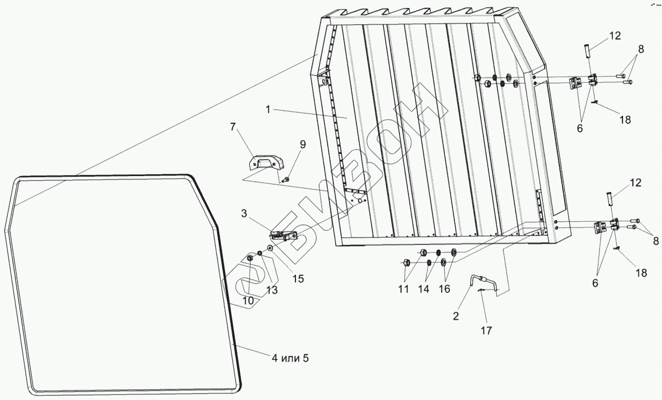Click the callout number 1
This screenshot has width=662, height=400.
click(268, 109)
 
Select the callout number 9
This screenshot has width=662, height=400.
click(302, 145)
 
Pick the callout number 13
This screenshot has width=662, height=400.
click(271, 290)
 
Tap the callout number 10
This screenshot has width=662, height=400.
click(248, 300)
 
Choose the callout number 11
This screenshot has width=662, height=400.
click(404, 289)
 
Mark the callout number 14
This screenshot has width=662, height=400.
click(424, 289)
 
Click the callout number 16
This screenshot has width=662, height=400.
click(444, 289)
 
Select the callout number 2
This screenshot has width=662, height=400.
click(456, 316)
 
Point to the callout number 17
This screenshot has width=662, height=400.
click(486, 331)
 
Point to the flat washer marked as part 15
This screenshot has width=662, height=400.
click(270, 248)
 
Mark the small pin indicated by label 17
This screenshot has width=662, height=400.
click(481, 291)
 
